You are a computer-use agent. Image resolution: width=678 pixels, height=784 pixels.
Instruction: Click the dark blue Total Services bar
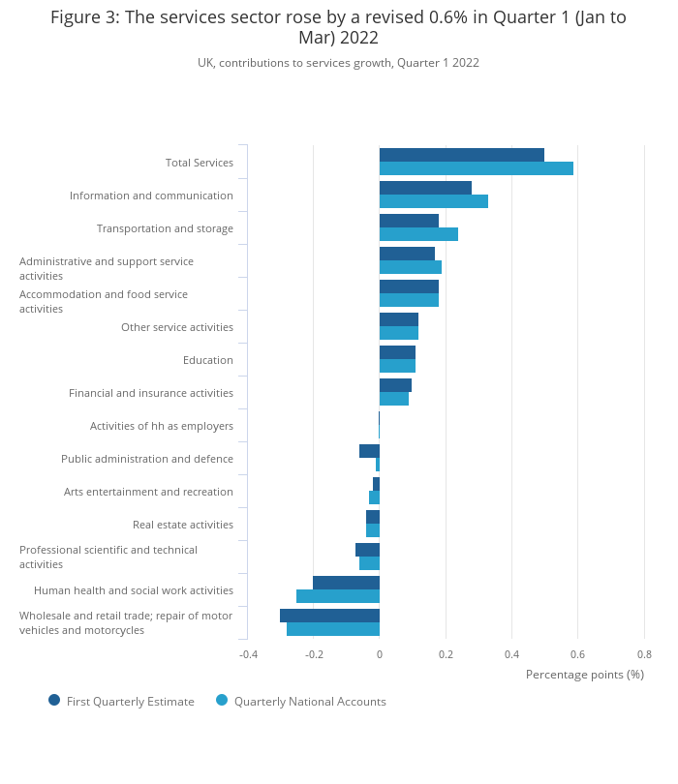[461, 155]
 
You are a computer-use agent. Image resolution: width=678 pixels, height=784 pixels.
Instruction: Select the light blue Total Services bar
[476, 168]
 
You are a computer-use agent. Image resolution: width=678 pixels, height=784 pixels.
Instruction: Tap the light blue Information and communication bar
[433, 201]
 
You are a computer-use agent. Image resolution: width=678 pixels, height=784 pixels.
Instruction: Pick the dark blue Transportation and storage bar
[409, 221]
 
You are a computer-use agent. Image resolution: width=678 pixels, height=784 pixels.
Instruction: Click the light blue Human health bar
[337, 596]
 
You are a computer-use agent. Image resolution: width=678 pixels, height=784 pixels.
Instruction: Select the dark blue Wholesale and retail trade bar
[329, 616]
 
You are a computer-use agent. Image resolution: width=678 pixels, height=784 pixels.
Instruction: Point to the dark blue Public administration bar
[369, 451]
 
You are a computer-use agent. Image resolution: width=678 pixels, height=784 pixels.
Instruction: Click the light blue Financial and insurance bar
[393, 399]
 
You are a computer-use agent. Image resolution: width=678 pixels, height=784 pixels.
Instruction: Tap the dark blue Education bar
[397, 352]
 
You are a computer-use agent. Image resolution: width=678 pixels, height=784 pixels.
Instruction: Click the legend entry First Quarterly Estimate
[130, 702]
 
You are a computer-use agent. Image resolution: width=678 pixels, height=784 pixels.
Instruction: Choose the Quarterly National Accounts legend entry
[309, 702]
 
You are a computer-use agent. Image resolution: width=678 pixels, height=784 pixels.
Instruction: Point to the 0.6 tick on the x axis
[577, 654]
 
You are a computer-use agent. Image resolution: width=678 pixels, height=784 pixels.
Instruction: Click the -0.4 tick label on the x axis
[248, 654]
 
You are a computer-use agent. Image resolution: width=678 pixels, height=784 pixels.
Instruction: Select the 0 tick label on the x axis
[380, 654]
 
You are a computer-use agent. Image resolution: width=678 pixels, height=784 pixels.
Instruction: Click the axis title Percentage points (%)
[584, 675]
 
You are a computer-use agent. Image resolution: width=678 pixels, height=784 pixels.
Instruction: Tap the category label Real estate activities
[182, 525]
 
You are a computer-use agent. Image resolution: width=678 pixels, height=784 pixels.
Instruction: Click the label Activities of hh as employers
[161, 426]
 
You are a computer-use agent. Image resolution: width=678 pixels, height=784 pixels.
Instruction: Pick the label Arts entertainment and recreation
[148, 492]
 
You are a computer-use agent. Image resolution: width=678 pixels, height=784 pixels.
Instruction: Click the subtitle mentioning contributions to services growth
[338, 63]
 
